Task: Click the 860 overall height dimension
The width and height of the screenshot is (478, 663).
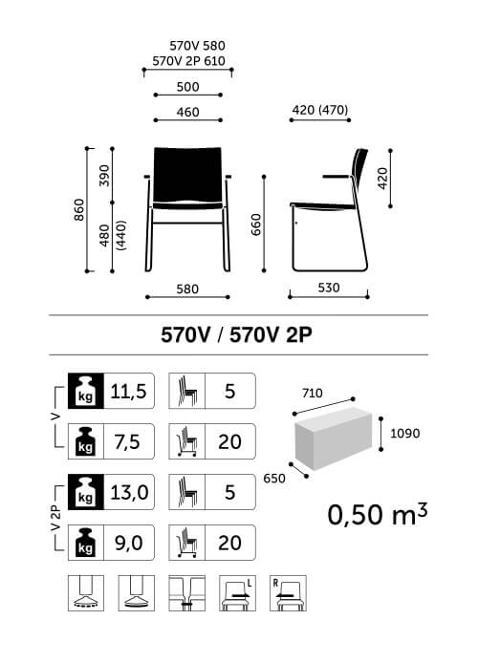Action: (x=79, y=210)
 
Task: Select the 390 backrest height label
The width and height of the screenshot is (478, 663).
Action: (x=104, y=176)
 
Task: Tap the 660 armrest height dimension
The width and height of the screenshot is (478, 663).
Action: (x=256, y=225)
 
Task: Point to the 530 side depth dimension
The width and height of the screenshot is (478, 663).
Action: (x=329, y=288)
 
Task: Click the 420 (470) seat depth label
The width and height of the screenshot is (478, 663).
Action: (x=320, y=110)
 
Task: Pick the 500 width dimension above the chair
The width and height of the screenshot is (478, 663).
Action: (x=187, y=87)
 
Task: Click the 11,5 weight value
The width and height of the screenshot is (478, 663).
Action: (x=128, y=391)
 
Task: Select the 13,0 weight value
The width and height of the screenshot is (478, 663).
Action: (x=129, y=492)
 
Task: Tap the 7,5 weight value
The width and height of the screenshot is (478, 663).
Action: (x=127, y=442)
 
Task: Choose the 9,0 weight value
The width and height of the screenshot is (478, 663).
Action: (x=129, y=543)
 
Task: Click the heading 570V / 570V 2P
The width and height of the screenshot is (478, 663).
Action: (x=236, y=335)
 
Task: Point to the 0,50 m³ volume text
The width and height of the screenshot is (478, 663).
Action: (x=378, y=514)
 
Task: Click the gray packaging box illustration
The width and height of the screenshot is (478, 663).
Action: (x=334, y=438)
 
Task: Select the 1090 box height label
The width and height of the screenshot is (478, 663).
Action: (x=404, y=433)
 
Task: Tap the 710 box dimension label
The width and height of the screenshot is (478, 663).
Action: (x=313, y=394)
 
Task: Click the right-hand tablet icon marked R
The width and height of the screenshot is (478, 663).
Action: (x=288, y=593)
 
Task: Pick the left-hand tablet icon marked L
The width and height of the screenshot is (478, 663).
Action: (x=237, y=593)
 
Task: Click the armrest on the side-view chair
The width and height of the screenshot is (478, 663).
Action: (x=337, y=177)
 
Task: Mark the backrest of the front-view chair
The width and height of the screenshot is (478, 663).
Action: (x=187, y=174)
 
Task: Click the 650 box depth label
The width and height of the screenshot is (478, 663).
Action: (x=274, y=479)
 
